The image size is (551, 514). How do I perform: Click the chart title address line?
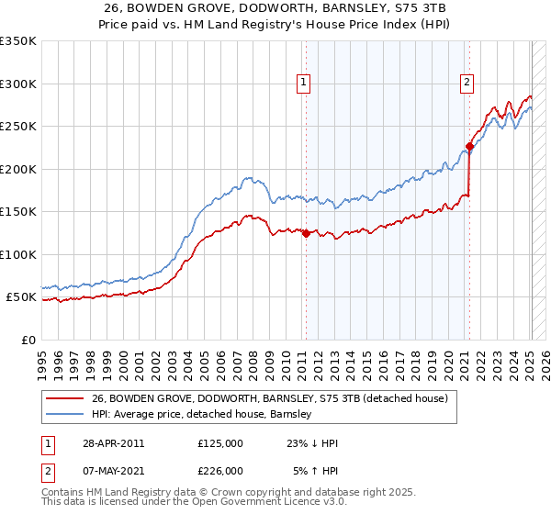275,8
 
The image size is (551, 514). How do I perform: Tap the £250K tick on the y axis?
18,126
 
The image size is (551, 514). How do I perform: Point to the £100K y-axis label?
18,254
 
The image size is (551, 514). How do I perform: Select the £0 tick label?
28,340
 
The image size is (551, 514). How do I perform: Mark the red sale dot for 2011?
306,233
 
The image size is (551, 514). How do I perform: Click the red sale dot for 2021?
469,146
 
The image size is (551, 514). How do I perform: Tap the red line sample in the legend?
64,398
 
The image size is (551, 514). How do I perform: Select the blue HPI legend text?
202,414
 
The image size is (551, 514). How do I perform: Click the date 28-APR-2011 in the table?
112,442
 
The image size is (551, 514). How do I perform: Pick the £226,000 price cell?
220,471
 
